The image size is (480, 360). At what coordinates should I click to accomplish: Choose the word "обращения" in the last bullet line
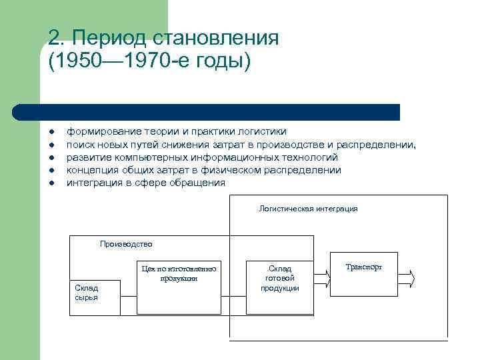click(x=201, y=183)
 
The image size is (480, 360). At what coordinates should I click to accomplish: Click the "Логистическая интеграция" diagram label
click(x=308, y=209)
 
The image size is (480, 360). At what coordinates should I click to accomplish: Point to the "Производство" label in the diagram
click(x=126, y=244)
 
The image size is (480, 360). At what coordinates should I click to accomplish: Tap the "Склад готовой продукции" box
click(x=279, y=287)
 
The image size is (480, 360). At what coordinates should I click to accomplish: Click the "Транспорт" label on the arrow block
click(x=365, y=267)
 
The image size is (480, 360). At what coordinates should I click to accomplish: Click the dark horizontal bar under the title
click(x=207, y=111)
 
